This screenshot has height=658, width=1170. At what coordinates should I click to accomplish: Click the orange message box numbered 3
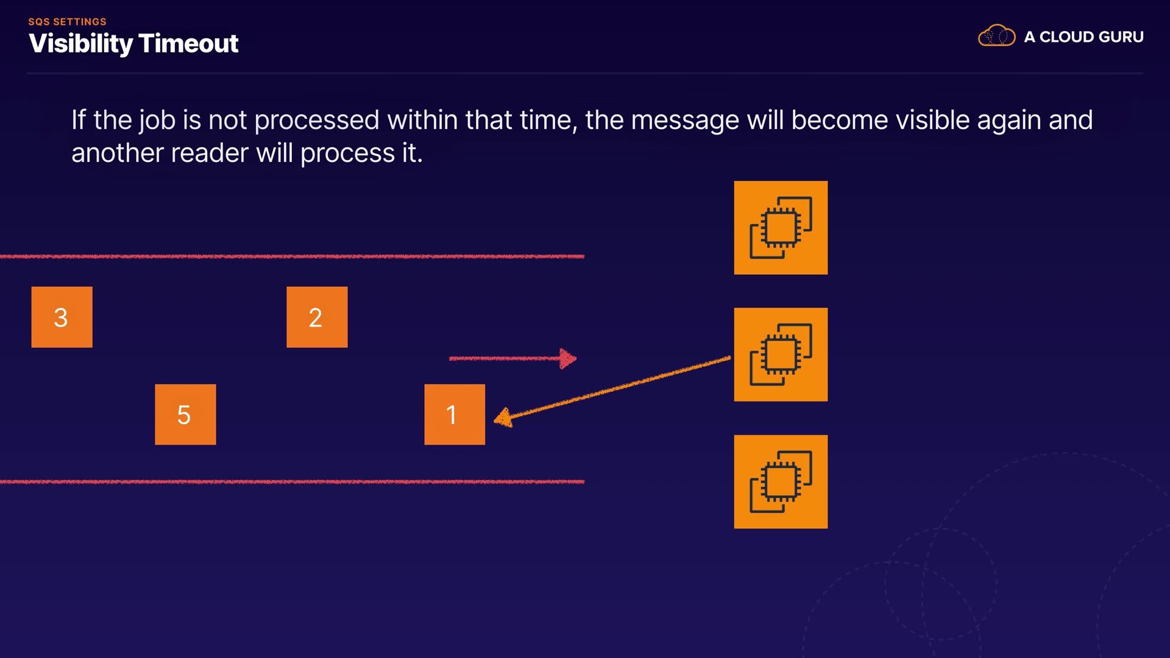pos(62,317)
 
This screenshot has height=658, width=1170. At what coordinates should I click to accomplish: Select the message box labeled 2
pos(317,317)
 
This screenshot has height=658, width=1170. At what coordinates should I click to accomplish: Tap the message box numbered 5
pos(185,414)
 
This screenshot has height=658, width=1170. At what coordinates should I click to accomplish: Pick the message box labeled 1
pos(455,414)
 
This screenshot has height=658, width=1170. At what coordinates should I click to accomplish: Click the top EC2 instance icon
pos(781,227)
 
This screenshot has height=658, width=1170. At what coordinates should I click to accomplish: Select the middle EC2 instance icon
pos(781,354)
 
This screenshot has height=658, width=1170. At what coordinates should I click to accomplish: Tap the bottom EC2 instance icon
pos(781,481)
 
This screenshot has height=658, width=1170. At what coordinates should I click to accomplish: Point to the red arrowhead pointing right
pos(568,358)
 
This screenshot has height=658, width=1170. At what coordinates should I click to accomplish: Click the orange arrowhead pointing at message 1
pos(503,418)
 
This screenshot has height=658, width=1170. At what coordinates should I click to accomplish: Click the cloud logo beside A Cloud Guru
pos(996,36)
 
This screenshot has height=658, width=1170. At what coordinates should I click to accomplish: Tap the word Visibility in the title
pos(80,43)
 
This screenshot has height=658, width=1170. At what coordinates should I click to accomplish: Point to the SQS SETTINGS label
pos(67,22)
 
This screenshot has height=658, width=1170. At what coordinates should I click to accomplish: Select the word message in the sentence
pos(685,120)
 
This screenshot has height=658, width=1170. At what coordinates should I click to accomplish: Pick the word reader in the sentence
pos(210,153)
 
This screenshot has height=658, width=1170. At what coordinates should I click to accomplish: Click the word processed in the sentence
pos(316,120)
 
